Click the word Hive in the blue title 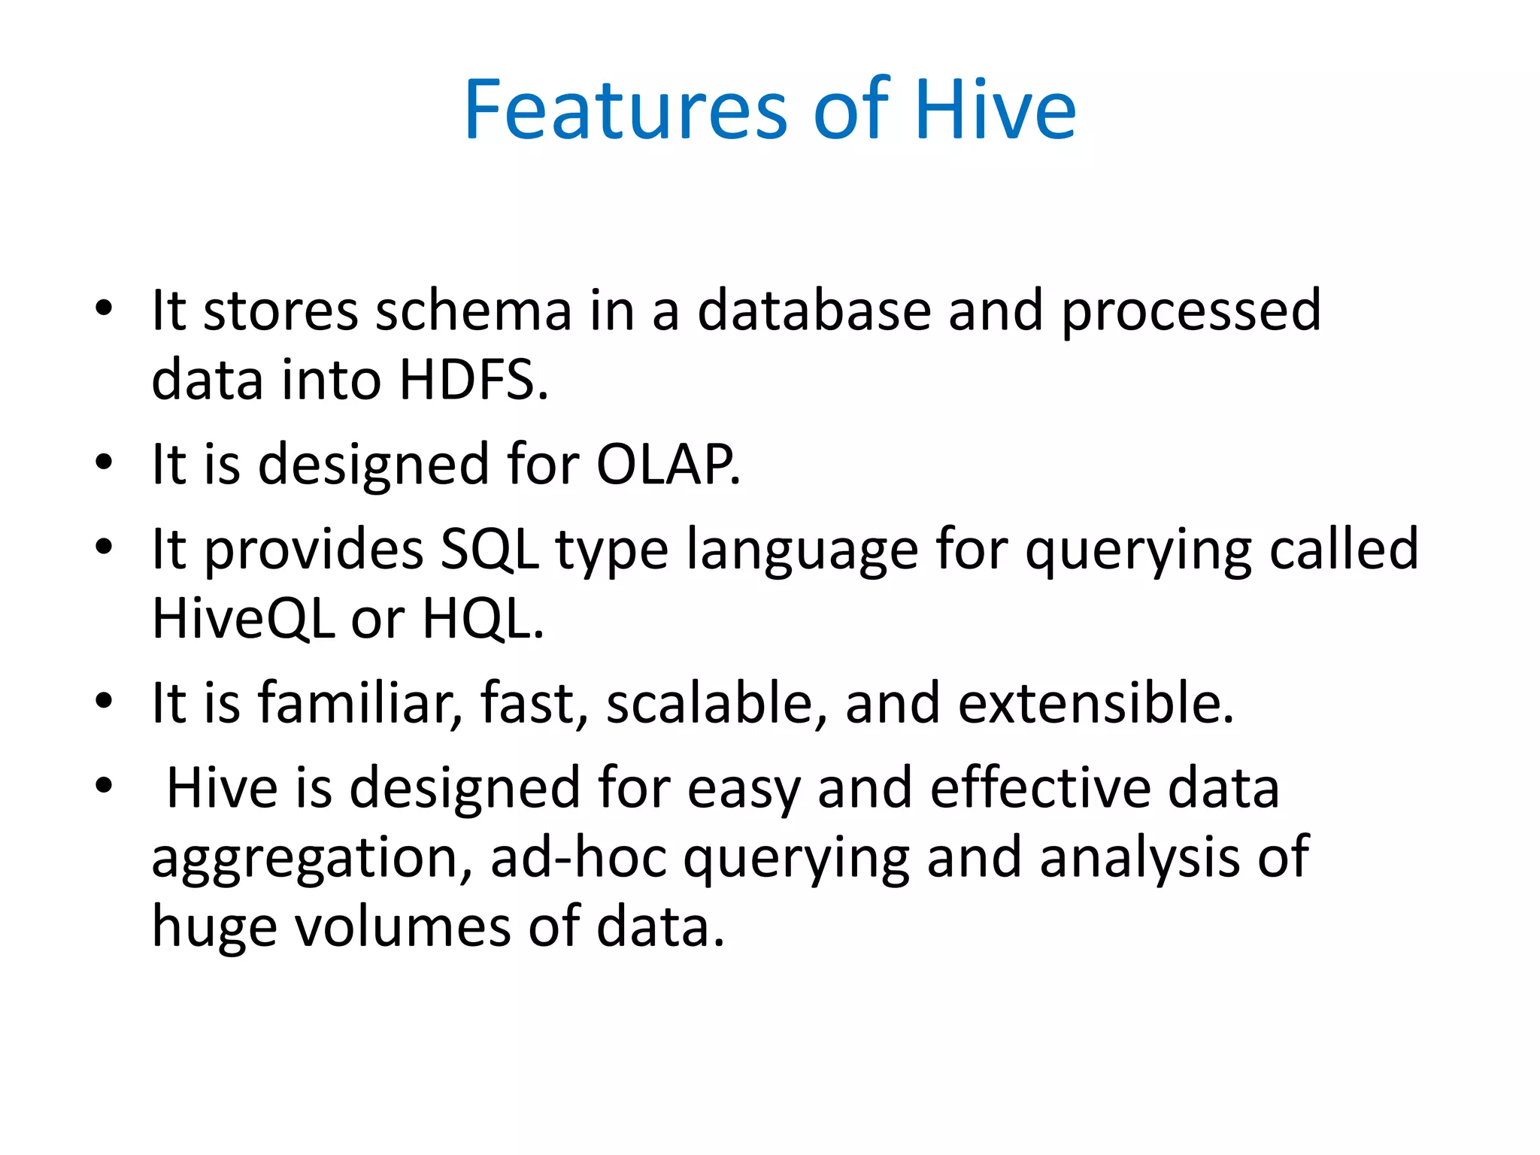[995, 111]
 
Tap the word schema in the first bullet [474, 311]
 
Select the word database [814, 311]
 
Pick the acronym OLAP [668, 464]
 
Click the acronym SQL [490, 550]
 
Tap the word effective [1040, 788]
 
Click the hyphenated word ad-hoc [578, 857]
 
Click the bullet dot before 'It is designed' [104, 462]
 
